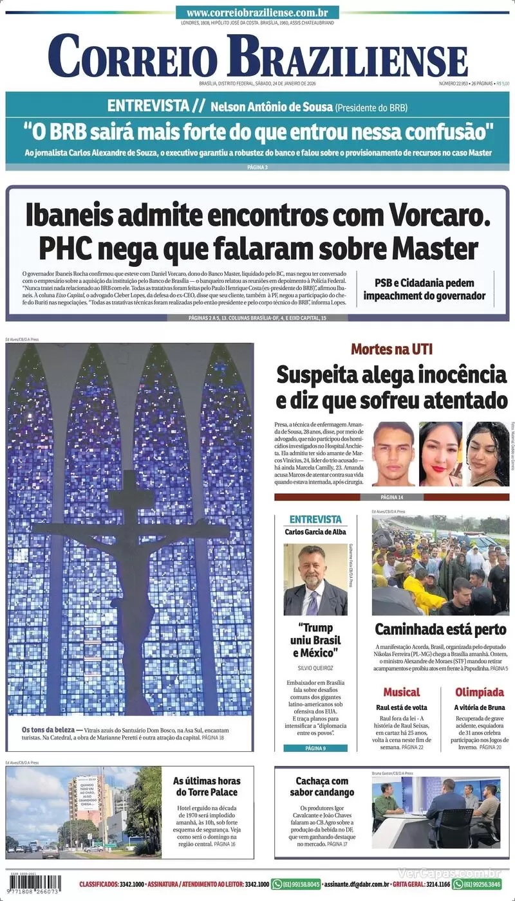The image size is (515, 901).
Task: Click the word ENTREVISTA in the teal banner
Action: tap(148, 106)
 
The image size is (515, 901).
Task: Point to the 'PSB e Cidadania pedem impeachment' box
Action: tap(424, 290)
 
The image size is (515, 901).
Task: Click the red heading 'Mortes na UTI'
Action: tap(391, 349)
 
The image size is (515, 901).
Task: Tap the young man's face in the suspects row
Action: tap(393, 453)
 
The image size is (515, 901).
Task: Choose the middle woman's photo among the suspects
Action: tap(440, 453)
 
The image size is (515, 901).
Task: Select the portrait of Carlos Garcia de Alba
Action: tap(315, 579)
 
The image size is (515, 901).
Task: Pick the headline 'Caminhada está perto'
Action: tap(440, 629)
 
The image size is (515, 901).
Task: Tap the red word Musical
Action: tap(401, 692)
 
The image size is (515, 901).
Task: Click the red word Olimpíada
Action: tap(480, 692)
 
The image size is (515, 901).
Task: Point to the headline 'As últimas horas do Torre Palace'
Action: tap(205, 786)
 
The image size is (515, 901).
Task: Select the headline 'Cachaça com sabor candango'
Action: tap(322, 786)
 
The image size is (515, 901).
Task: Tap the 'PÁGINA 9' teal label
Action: tap(315, 748)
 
